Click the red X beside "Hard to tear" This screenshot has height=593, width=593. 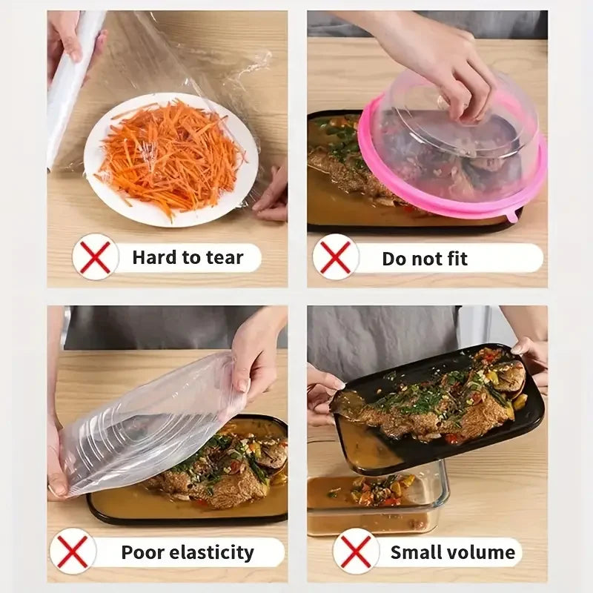coord(96,257)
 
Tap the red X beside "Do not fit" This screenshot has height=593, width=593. coord(336,257)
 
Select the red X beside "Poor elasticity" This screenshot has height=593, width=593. coord(73,552)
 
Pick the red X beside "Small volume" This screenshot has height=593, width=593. coord(356,552)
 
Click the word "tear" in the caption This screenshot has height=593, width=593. coord(224,257)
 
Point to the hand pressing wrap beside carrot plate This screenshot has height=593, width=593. coord(273,194)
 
